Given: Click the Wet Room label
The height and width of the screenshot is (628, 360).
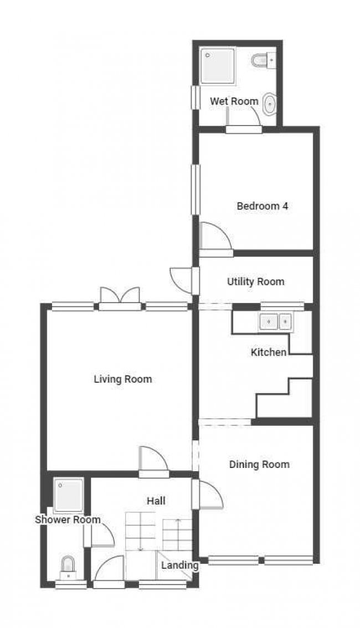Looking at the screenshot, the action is click(x=234, y=101).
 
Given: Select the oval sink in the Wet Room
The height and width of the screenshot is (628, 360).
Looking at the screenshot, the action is click(x=270, y=105).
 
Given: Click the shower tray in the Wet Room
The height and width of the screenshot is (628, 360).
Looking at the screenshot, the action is click(x=218, y=66).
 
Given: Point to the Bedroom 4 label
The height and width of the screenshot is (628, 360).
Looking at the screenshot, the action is click(x=263, y=206).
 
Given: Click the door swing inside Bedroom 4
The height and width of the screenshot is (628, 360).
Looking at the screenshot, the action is click(x=215, y=236).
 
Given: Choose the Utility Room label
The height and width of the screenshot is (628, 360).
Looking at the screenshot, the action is click(x=256, y=281).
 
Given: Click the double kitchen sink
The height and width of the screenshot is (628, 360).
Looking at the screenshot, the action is click(x=276, y=322).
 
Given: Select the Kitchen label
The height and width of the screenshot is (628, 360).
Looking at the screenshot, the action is click(x=269, y=352).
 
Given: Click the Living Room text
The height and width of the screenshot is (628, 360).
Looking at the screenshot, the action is click(x=123, y=379).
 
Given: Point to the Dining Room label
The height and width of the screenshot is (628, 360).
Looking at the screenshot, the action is click(x=259, y=465).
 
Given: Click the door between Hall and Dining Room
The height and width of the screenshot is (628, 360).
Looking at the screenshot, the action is click(x=208, y=495).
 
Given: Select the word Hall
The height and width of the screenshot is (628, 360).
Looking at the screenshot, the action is click(x=156, y=501).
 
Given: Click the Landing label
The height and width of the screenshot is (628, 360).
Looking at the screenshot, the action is click(x=180, y=565).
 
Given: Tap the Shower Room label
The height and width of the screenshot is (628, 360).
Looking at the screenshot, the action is click(x=68, y=520).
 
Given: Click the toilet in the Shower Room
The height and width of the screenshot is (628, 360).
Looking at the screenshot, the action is click(x=68, y=567).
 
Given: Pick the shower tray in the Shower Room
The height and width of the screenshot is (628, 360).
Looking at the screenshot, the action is click(x=69, y=495).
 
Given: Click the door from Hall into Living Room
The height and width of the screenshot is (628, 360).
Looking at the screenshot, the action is click(x=153, y=461).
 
